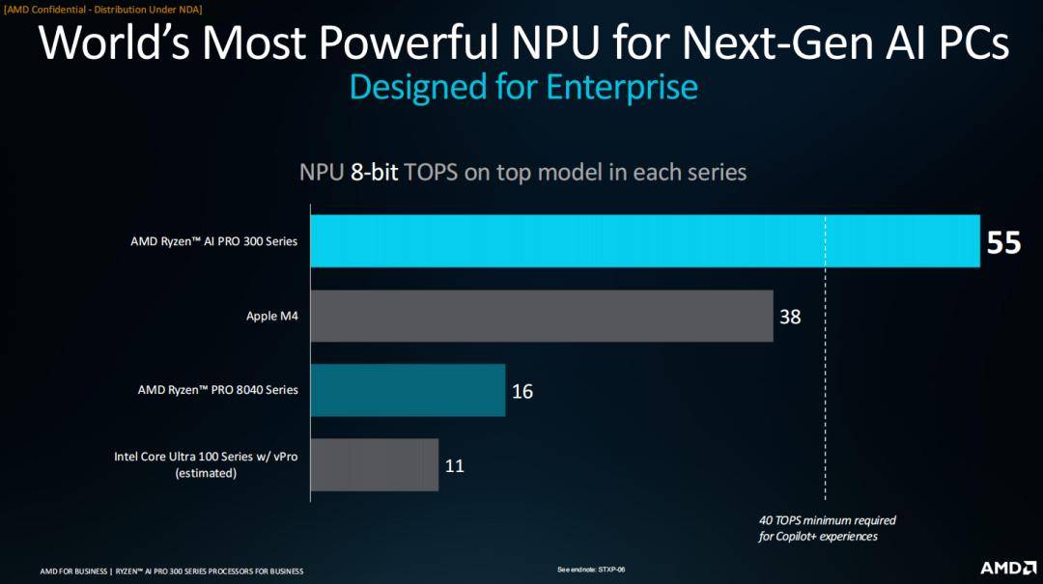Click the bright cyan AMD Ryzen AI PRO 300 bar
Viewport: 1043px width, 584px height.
tap(644, 240)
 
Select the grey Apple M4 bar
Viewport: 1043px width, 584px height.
tap(541, 316)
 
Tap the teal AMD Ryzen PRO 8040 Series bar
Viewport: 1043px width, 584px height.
tap(408, 390)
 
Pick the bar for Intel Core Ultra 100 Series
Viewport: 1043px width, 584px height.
tap(374, 465)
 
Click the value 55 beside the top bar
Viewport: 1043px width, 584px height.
tap(1003, 242)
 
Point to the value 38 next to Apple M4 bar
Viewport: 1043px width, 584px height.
tap(790, 317)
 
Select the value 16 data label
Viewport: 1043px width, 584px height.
tap(521, 391)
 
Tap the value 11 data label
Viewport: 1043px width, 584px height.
tap(455, 466)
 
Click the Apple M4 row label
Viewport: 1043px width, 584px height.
tap(271, 316)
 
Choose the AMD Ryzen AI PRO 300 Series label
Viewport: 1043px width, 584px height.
tap(213, 241)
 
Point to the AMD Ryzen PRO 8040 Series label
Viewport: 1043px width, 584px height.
tap(217, 390)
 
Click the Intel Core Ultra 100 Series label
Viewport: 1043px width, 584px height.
tap(206, 457)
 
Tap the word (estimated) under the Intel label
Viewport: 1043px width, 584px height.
tap(206, 473)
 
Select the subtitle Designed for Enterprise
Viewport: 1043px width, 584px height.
tap(522, 88)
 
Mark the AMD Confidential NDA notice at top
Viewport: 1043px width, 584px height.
tap(103, 9)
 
